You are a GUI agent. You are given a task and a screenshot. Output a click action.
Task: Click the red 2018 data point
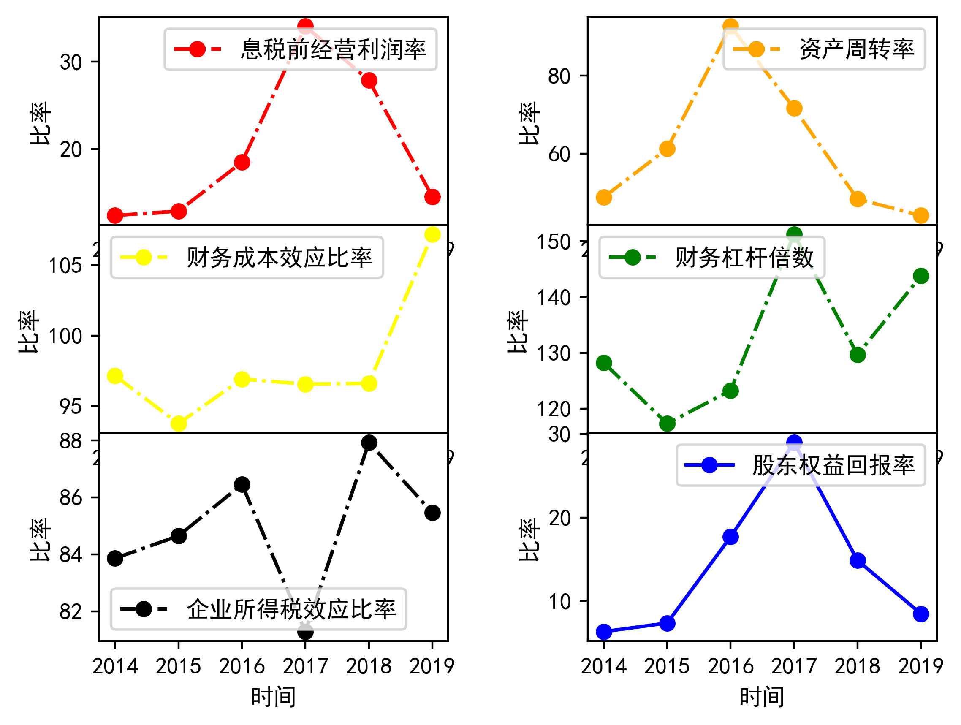(369, 80)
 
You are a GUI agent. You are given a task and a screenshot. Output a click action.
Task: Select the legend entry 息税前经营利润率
(333, 49)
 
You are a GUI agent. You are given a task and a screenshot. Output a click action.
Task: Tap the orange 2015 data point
(667, 149)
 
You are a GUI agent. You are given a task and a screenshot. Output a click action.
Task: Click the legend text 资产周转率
(857, 49)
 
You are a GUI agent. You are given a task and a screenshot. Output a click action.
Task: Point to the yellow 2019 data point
(432, 235)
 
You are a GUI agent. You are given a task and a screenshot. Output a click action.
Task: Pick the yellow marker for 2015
(179, 424)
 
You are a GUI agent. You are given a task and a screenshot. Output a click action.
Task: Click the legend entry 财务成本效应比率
(280, 258)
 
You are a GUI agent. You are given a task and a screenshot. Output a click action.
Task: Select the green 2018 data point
(858, 355)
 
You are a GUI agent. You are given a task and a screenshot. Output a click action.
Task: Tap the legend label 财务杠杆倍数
(744, 258)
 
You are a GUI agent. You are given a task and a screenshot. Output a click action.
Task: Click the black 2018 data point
(369, 443)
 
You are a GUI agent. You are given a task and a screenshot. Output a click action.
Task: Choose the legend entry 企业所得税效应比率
(291, 609)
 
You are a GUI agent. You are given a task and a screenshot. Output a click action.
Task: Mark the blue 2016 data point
(731, 537)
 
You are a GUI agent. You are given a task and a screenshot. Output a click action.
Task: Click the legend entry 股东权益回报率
(833, 466)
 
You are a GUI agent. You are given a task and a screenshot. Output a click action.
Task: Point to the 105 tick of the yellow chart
(65, 266)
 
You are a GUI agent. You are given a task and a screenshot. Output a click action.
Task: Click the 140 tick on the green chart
(554, 298)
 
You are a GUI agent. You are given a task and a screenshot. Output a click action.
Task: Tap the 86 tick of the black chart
(71, 498)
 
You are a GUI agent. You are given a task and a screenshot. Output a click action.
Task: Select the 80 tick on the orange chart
(559, 76)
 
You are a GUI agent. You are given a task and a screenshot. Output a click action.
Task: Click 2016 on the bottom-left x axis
(242, 666)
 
